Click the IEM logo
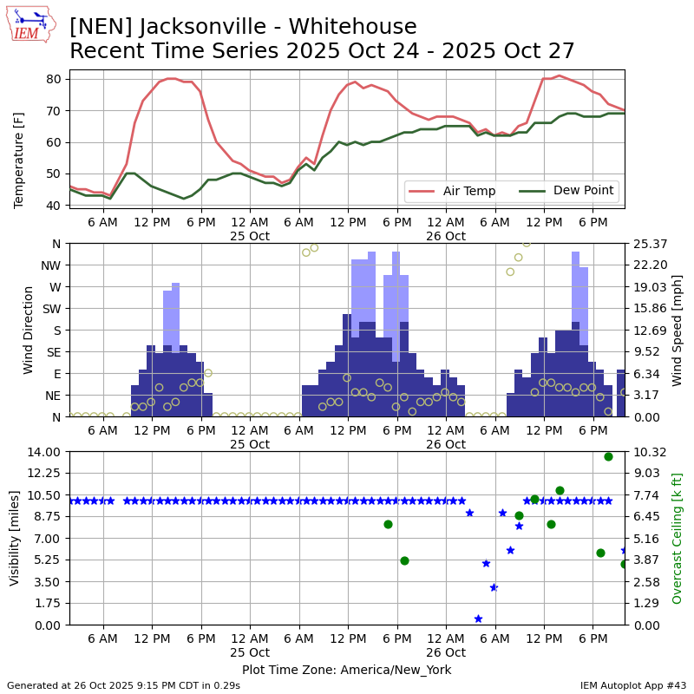coord(30,24)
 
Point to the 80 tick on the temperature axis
coord(53,79)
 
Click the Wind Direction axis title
coord(29,330)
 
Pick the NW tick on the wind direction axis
coord(51,265)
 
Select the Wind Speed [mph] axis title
coord(678,330)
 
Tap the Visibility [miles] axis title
coord(15,538)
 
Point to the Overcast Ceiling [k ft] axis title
coord(678,538)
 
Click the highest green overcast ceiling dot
coord(608,456)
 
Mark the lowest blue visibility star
coord(478,619)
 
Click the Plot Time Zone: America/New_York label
coord(346,670)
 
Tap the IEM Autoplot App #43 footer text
coord(632,685)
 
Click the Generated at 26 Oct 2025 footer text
coord(123,685)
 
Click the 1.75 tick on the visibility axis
coord(48,604)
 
